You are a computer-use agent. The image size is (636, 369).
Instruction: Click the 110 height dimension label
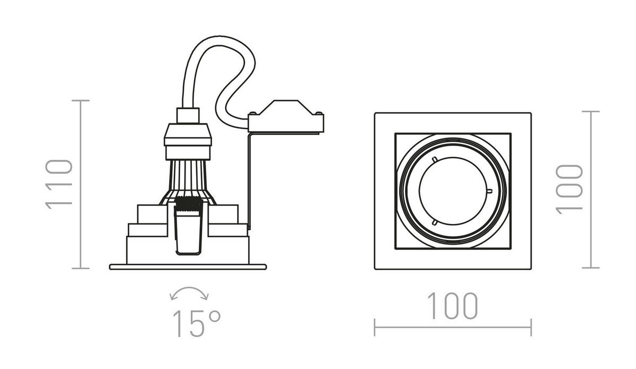[x=59, y=184]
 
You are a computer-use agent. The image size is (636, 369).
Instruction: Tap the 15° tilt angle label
[x=197, y=323]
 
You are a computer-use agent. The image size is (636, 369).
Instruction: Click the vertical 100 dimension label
[x=569, y=190]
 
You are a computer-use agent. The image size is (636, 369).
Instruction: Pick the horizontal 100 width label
[x=453, y=306]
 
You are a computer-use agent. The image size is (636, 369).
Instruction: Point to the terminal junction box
[x=286, y=116]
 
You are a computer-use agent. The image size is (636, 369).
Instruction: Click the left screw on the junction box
[x=253, y=113]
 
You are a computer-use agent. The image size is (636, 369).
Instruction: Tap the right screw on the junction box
[x=319, y=113]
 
